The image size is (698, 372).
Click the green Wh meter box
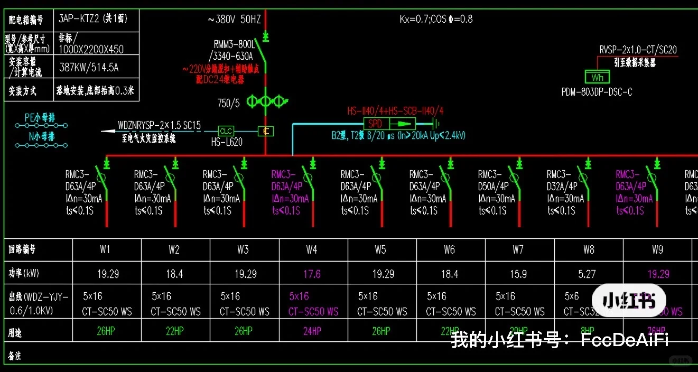coord(597,77)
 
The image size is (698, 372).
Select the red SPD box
coord(375,124)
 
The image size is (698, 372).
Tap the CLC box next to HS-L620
coord(226,131)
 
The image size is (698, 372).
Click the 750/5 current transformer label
coord(228,103)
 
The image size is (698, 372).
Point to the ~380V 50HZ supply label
coord(234,20)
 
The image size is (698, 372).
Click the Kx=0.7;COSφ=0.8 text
coord(436,20)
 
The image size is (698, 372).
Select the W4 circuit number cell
coord(312,249)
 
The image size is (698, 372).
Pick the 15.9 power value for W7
coord(518,274)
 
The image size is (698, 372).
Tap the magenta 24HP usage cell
coord(312,331)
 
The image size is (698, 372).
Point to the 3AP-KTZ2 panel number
coord(92,20)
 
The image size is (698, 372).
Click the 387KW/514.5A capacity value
coord(89,67)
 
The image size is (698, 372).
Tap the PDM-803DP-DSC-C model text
coord(597,92)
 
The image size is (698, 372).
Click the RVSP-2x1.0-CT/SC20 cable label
coord(638,50)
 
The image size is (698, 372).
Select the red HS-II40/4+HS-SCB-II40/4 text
coord(395,111)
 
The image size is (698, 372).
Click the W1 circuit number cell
coord(105,249)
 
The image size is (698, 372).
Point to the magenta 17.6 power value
coord(312,274)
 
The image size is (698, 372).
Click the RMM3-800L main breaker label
coord(234,44)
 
